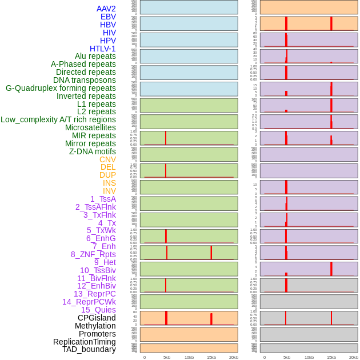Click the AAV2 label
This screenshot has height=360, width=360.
click(106, 9)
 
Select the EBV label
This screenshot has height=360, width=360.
click(108, 17)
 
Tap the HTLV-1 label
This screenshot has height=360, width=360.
click(102, 49)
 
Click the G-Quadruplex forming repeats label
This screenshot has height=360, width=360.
click(61, 88)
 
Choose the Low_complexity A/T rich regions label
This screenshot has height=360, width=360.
click(58, 119)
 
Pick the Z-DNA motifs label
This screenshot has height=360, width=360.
click(93, 151)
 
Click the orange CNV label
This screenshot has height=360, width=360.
click(107, 159)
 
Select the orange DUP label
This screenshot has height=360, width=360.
click(107, 175)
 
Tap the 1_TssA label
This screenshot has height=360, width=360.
click(103, 199)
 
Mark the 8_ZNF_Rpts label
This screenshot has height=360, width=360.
click(93, 254)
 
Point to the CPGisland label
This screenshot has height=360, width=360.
click(97, 318)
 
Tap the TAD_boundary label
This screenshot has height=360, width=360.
click(89, 349)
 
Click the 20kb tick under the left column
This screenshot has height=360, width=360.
click(233, 357)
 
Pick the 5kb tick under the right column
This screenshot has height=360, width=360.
click(286, 357)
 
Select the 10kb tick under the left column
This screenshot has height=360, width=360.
click(189, 357)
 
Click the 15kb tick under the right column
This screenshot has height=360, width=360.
click(331, 357)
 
